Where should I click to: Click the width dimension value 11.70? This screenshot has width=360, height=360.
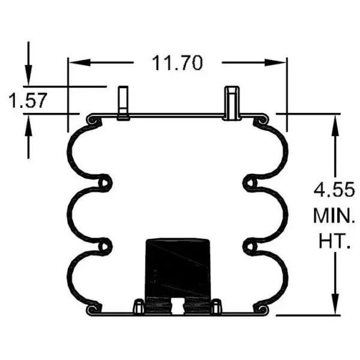177,62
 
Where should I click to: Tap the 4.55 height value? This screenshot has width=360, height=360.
330,191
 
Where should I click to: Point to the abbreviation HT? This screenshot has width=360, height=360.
331,242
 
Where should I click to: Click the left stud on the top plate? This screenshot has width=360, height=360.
124,103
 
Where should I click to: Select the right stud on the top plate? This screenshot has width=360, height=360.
232,103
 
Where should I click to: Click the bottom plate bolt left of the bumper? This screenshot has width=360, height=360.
137,307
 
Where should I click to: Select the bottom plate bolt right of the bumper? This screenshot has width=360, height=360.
217,307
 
